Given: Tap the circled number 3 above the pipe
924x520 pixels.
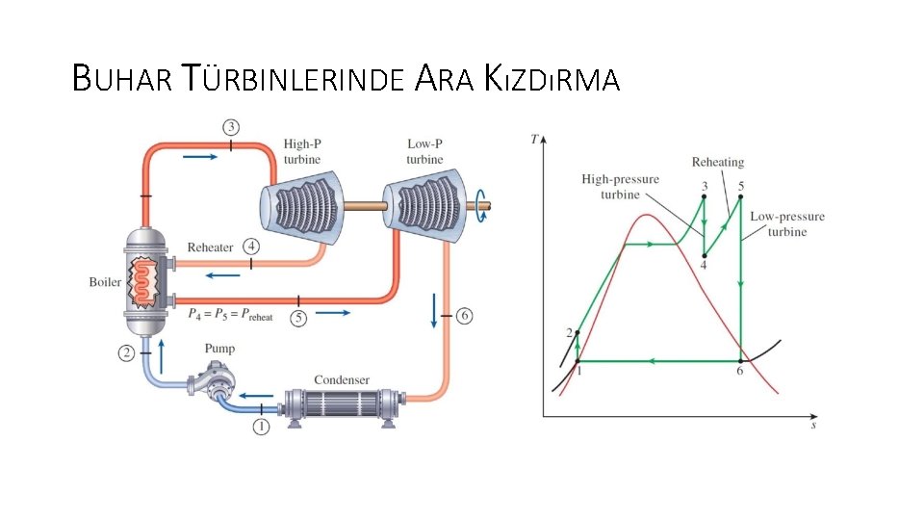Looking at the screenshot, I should coord(231,127).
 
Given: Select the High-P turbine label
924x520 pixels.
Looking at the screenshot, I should coord(302,151).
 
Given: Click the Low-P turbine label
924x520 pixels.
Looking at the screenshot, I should coord(424,151).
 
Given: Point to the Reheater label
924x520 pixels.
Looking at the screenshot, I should coord(210,247).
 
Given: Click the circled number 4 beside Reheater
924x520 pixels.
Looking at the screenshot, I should coord(251,247).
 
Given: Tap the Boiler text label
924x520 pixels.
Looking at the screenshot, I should coord(105,282).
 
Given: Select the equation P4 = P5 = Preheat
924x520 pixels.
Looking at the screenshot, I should coord(231,314).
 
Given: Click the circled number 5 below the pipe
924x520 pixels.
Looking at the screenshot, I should coord(298,317).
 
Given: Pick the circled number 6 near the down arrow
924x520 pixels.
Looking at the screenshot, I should coord(465,316).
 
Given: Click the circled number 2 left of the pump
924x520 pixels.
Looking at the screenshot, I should coord(127,353).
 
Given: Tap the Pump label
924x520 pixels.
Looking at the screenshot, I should coord(219,349).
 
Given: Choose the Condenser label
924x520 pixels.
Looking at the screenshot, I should coord(342,379).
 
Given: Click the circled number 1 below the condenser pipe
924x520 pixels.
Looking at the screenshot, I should coord(261,427).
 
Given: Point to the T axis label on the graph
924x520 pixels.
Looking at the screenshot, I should coord(534,139).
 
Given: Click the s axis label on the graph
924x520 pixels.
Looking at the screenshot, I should coord(814,423).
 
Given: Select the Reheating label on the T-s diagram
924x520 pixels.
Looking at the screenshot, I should coord(718,163).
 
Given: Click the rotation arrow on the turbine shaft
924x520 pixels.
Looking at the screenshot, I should coord(478,199).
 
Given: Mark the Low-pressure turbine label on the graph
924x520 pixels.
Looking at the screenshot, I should coord(787,223).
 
